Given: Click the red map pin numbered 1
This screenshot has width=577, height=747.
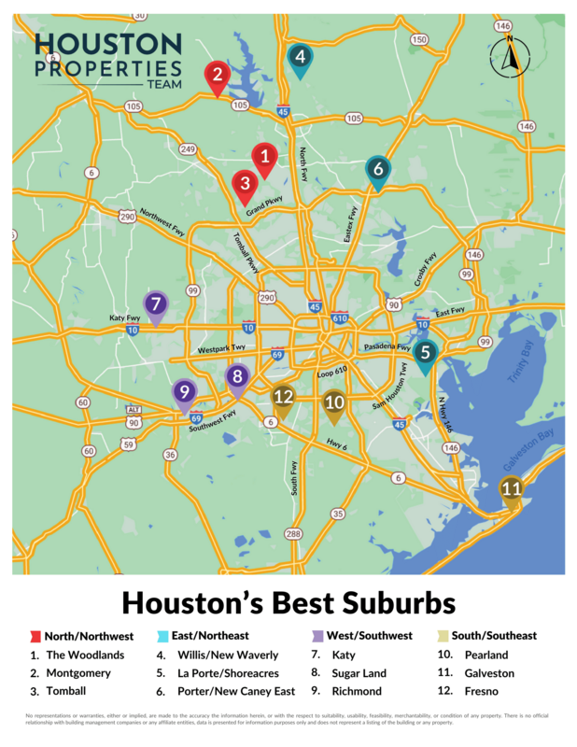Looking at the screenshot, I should pyautogui.click(x=265, y=159).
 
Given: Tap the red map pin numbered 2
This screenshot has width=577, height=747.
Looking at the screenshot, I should pyautogui.click(x=217, y=76).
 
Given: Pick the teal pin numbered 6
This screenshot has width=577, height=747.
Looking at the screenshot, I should pyautogui.click(x=377, y=171).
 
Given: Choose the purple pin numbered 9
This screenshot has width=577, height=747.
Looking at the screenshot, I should pyautogui.click(x=184, y=392).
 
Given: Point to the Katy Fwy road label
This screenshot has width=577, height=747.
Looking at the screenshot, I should pyautogui.click(x=124, y=317).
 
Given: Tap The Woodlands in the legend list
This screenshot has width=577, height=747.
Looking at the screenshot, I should pyautogui.click(x=85, y=655).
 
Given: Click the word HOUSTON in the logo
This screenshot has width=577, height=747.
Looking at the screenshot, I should pyautogui.click(x=107, y=44).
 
